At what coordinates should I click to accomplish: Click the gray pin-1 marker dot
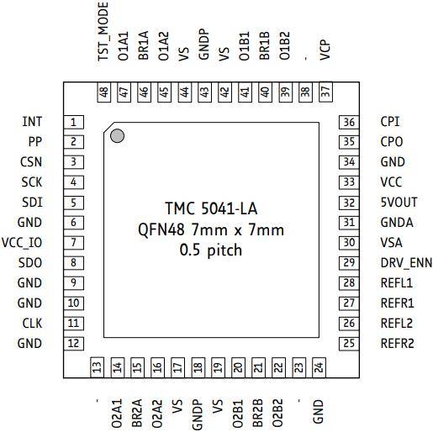[x=117, y=136]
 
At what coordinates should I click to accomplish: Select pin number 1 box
[x=74, y=122]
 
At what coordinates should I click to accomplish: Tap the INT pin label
[x=32, y=122]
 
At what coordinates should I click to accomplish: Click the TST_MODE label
[x=103, y=31]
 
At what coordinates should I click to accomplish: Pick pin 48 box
[x=104, y=92]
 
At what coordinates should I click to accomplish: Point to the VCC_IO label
[x=22, y=243]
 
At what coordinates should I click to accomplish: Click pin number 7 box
[x=74, y=243]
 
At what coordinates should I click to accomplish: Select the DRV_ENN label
[x=406, y=263]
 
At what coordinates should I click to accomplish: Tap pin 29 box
[x=349, y=263]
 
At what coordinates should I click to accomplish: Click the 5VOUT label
[x=399, y=203]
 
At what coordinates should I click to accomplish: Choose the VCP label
[x=325, y=50]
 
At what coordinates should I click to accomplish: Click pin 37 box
[x=325, y=92]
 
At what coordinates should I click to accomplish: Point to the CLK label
[x=32, y=324]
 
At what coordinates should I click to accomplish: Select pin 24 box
[x=319, y=367]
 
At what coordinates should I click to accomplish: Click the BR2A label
[x=137, y=414]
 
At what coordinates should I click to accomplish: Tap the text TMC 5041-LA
[x=211, y=208]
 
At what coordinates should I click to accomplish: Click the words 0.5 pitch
[x=211, y=250]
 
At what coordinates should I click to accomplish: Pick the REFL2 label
[x=397, y=324]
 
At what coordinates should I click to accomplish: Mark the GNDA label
[x=397, y=223]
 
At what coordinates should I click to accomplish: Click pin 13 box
[x=97, y=367]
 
